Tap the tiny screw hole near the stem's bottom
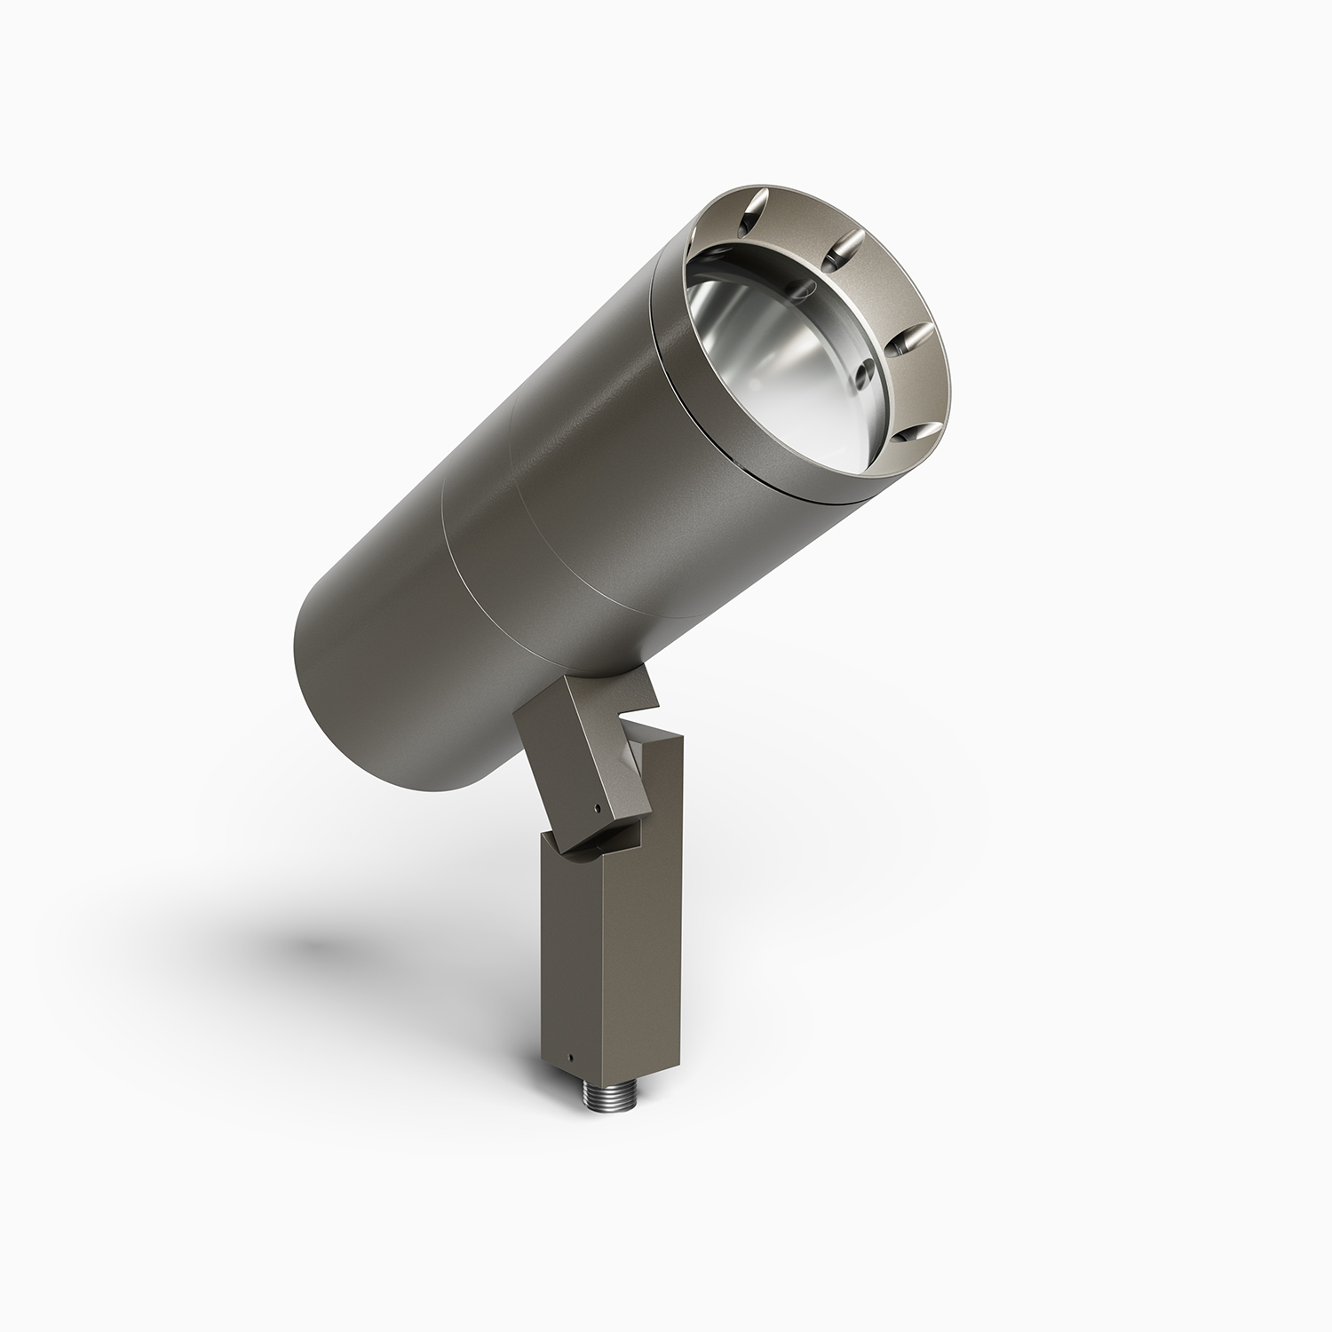(574, 1058)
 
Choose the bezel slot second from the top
(843, 248)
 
